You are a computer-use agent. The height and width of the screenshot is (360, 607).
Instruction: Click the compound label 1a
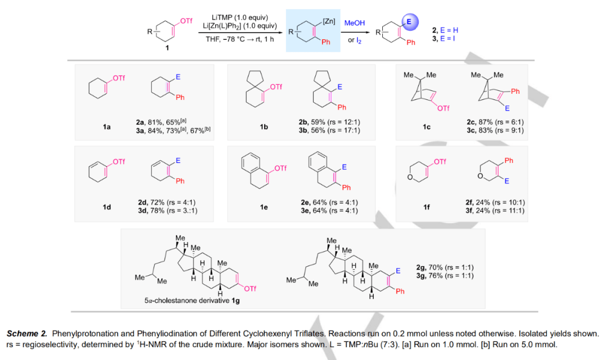click(107, 127)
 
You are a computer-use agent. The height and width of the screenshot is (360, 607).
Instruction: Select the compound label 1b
click(264, 127)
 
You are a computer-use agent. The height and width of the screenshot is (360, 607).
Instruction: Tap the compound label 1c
click(427, 127)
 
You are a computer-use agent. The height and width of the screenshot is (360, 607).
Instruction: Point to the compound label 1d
click(107, 207)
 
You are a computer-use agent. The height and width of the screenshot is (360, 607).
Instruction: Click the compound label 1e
click(264, 207)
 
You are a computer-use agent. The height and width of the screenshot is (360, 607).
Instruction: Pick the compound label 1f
click(427, 207)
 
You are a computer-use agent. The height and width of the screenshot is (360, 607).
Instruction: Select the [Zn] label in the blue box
click(329, 21)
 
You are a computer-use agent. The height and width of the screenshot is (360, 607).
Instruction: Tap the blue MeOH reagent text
click(355, 22)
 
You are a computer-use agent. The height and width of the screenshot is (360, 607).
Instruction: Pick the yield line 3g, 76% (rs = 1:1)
click(445, 275)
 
